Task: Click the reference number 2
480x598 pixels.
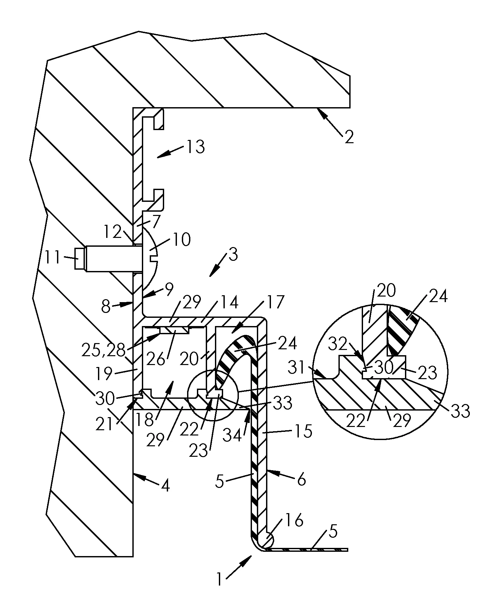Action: [x=349, y=137]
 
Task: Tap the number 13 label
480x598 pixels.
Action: [x=196, y=147]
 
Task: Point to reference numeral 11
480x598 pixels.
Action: [x=52, y=258]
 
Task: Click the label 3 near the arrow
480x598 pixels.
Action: [x=233, y=255]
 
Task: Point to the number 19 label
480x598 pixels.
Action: [x=104, y=373]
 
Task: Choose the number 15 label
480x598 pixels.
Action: [x=304, y=432]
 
